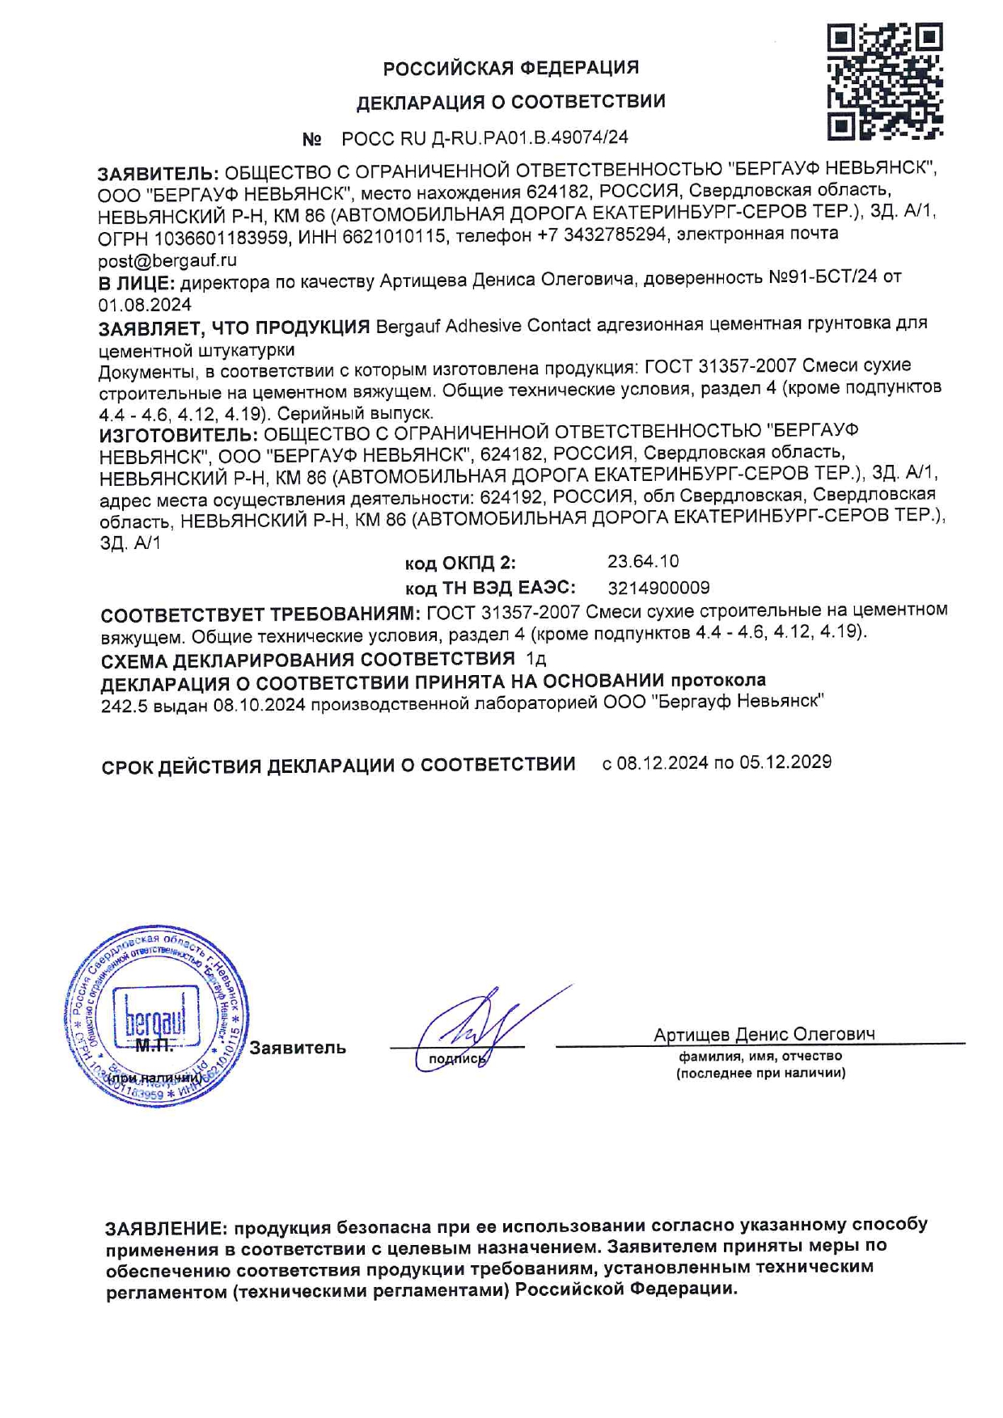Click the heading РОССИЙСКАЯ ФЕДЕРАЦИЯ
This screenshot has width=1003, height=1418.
tap(510, 68)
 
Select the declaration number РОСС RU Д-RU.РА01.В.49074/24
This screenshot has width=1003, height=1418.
tap(485, 138)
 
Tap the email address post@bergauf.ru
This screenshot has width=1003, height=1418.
tap(167, 260)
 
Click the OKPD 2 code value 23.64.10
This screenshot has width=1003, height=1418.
tap(643, 561)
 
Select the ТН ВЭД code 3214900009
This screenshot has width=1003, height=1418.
tap(658, 588)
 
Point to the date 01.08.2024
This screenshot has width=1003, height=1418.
tap(145, 305)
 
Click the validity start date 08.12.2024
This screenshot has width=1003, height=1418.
tap(662, 763)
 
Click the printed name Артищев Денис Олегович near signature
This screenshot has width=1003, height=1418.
tap(764, 1035)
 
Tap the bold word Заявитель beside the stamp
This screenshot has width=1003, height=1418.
tap(297, 1048)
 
